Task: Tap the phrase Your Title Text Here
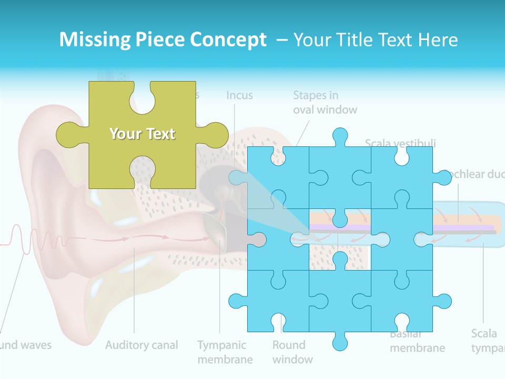(376, 40)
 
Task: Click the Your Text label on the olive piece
(142, 134)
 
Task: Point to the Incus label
(239, 96)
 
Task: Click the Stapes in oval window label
(325, 103)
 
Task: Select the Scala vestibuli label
(400, 143)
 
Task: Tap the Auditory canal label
(142, 345)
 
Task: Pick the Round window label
(292, 352)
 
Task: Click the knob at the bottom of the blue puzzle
(340, 342)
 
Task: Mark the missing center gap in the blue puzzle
(340, 240)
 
